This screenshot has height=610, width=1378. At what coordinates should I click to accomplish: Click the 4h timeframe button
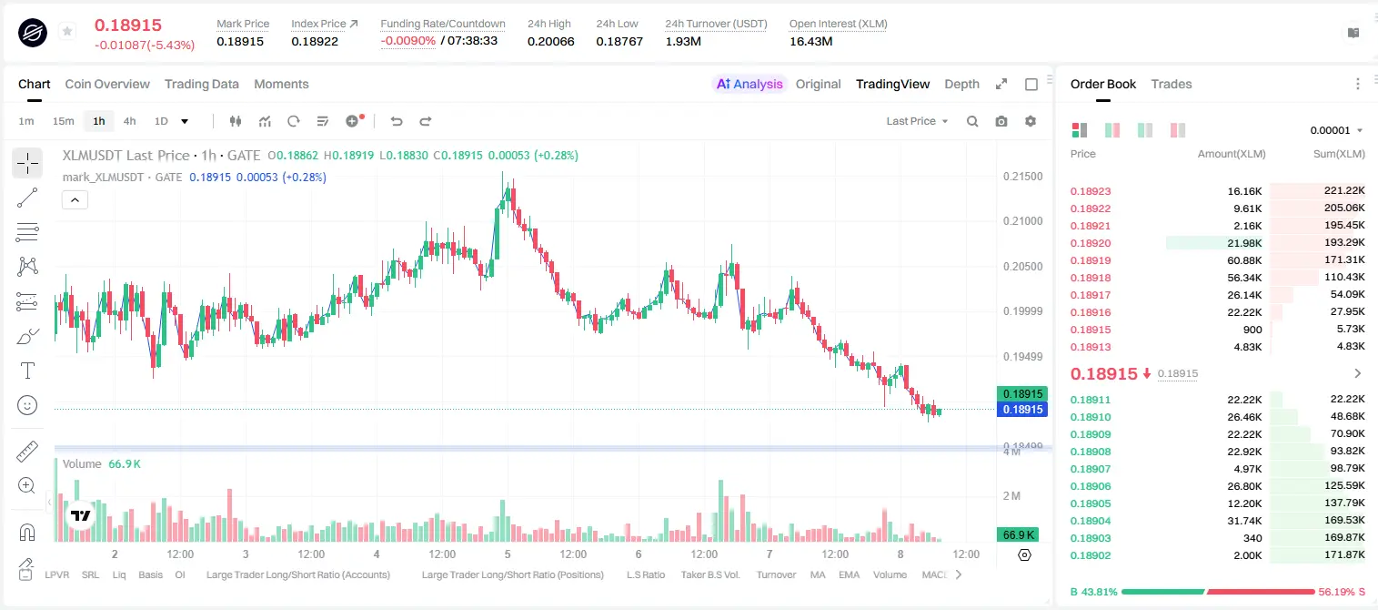coord(129,121)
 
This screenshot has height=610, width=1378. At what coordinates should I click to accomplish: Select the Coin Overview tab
coord(107,84)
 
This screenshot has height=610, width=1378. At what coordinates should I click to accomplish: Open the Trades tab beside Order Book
coord(1172,84)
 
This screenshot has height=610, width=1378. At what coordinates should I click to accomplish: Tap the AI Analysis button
coord(749,84)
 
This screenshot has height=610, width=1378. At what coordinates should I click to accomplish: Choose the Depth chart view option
coord(961,84)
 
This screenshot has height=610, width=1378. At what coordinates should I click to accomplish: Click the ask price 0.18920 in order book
coord(1091,243)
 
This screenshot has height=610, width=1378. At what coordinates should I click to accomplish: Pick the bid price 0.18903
coord(1091,538)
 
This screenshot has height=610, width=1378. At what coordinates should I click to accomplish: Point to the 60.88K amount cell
coord(1244,260)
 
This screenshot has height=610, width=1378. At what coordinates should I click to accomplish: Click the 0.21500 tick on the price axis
coord(1023,176)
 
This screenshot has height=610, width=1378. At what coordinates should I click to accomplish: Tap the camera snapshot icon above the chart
coord(1001,121)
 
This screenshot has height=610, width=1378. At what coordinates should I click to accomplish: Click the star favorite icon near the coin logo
coord(67,31)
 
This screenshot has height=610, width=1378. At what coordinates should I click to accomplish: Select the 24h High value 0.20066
coord(550,41)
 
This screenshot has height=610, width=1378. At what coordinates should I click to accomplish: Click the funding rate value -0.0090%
coord(407,41)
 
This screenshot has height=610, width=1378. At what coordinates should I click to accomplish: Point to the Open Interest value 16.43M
coord(810,41)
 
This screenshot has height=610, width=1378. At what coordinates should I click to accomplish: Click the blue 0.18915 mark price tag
coord(1022,410)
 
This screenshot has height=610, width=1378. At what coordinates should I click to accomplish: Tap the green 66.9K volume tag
coord(1018,535)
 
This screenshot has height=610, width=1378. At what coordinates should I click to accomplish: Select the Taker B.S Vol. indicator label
coord(709,574)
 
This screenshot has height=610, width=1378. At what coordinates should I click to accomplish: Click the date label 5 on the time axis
coord(508,554)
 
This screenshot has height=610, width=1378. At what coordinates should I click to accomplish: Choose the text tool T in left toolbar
coord(27,371)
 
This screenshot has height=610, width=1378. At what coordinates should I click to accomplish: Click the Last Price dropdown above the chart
coord(917,121)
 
